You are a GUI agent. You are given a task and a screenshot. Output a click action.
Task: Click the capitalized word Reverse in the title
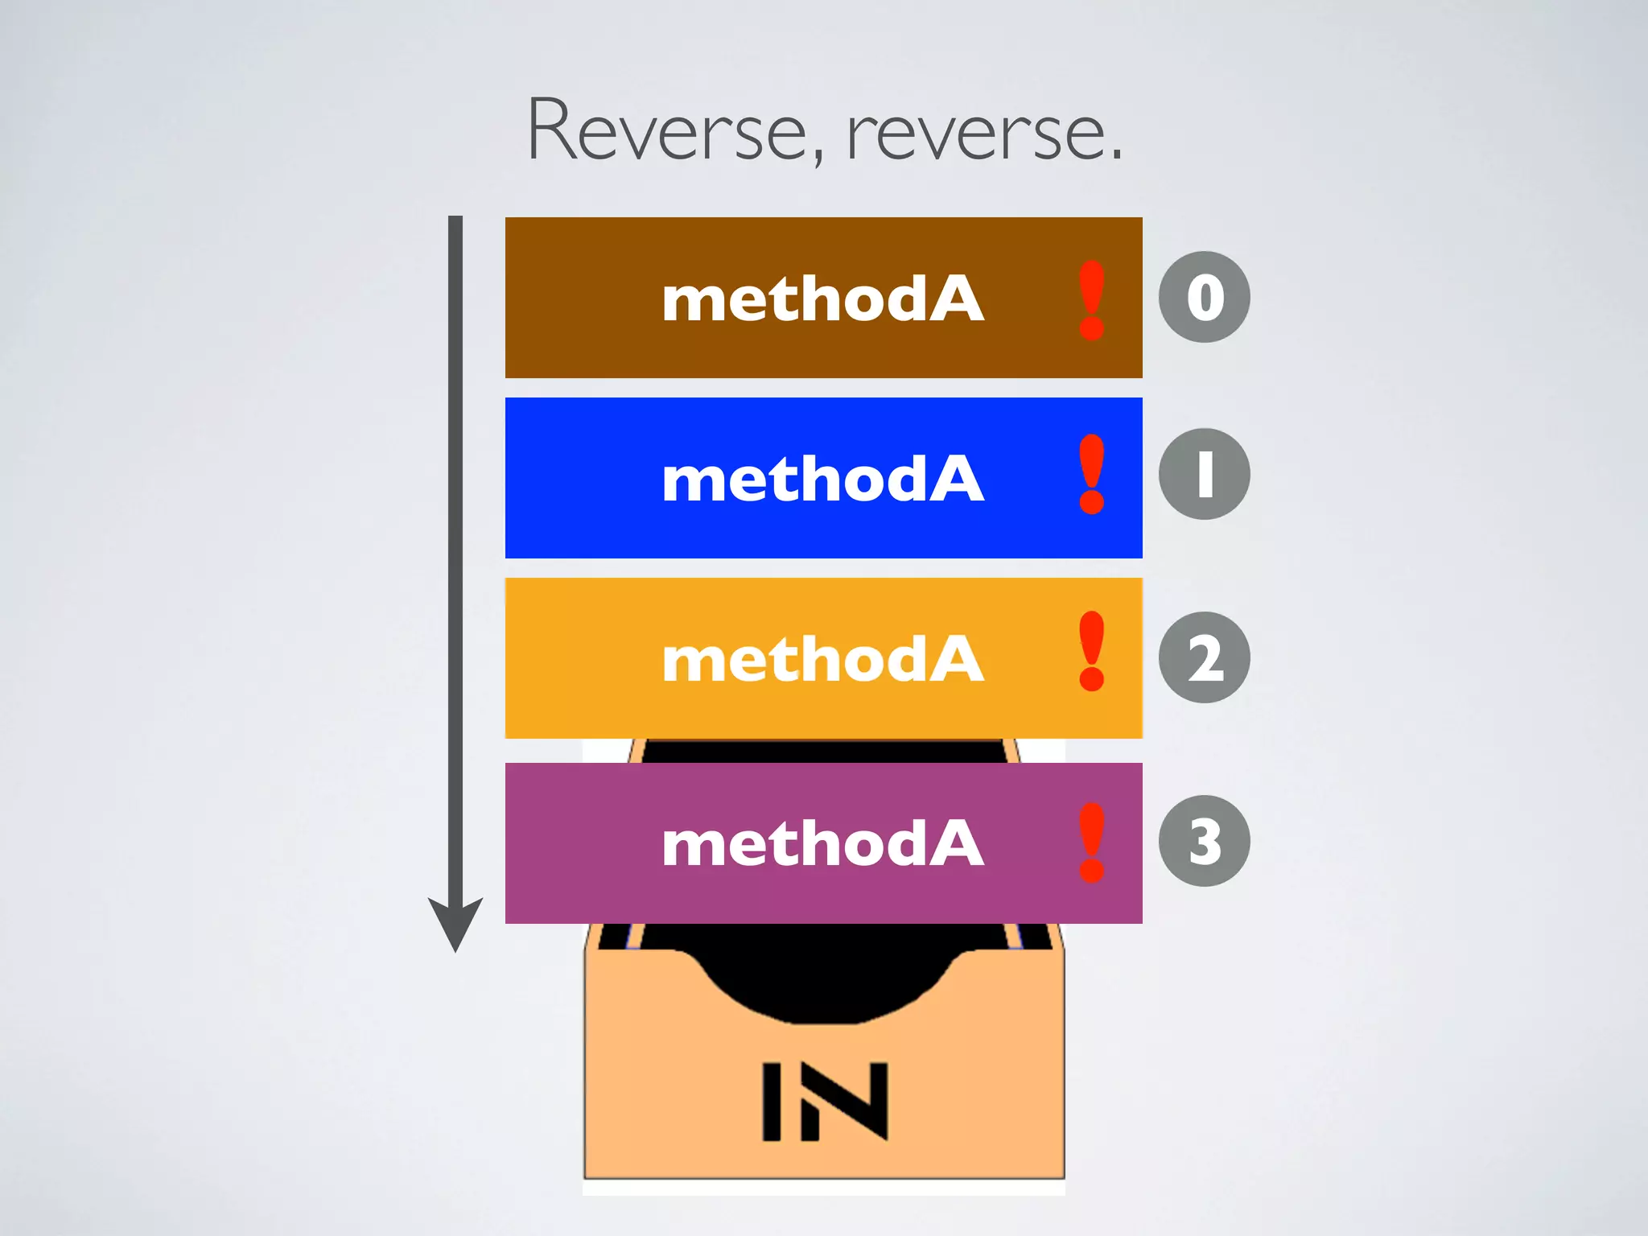coord(666,130)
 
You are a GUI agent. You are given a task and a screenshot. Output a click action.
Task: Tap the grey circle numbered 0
coord(1204,297)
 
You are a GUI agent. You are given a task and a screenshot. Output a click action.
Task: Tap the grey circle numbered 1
coord(1204,474)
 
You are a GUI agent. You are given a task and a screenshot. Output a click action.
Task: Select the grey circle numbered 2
coord(1204,657)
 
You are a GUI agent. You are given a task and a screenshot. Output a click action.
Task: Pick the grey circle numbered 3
coord(1204,841)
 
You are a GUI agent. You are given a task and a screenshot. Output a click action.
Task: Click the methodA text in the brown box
coord(822,299)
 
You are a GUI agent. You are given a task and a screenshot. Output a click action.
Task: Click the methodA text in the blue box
coord(822,479)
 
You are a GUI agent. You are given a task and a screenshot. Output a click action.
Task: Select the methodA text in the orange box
coord(822,659)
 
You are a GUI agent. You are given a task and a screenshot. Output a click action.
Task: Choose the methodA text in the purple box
coord(822,843)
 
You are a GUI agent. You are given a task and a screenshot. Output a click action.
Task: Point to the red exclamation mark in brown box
coord(1092,299)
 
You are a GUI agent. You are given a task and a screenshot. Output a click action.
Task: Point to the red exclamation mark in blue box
coord(1092,475)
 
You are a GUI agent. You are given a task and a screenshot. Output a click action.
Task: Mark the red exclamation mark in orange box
coord(1092,651)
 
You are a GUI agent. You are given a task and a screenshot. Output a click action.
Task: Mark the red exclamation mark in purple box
coord(1092,842)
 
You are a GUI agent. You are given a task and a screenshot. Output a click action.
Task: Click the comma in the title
coord(818,157)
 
